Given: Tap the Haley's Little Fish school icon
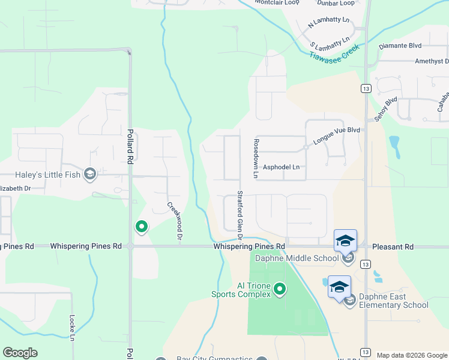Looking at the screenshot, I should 90,175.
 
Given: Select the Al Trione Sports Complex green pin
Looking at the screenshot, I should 279,290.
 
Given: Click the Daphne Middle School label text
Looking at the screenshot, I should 289,259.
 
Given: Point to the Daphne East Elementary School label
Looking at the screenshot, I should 394,301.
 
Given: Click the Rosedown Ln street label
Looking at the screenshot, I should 256,159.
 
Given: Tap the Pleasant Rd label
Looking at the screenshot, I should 393,247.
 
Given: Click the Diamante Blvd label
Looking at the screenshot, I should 400,46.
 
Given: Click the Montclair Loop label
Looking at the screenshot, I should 277,2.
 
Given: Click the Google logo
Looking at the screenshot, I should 20,353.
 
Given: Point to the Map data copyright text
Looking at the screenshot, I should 411,355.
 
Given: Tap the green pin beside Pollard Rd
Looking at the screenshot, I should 142,226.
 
